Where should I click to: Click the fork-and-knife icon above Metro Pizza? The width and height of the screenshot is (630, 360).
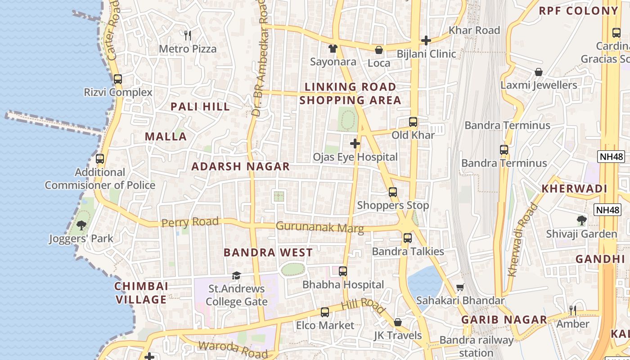188,35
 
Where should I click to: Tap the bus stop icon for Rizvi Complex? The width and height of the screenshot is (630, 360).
118,79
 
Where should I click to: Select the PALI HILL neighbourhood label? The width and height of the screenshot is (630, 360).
200,107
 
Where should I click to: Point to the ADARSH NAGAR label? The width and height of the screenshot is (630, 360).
241,166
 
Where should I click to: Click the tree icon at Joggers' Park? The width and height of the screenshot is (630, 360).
81,225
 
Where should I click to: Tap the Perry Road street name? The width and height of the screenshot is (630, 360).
190,222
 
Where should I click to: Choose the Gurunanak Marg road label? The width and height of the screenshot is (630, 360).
319,227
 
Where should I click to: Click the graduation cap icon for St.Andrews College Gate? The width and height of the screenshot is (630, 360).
236,275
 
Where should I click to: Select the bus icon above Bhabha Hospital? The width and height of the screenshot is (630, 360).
343,271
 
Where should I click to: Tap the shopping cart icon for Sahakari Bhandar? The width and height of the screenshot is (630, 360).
460,287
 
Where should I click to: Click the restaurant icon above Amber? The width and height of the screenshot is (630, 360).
572,310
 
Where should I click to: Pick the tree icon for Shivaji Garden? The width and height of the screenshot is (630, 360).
581,220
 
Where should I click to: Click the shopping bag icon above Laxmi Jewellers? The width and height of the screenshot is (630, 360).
538,72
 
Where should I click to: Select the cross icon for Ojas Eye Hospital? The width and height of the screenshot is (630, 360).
355,144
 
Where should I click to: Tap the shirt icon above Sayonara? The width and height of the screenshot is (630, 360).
333,48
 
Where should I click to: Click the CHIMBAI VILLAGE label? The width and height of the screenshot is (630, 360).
141,293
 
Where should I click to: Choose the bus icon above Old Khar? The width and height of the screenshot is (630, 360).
413,121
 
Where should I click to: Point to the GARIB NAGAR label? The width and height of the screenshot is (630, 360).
504,320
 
